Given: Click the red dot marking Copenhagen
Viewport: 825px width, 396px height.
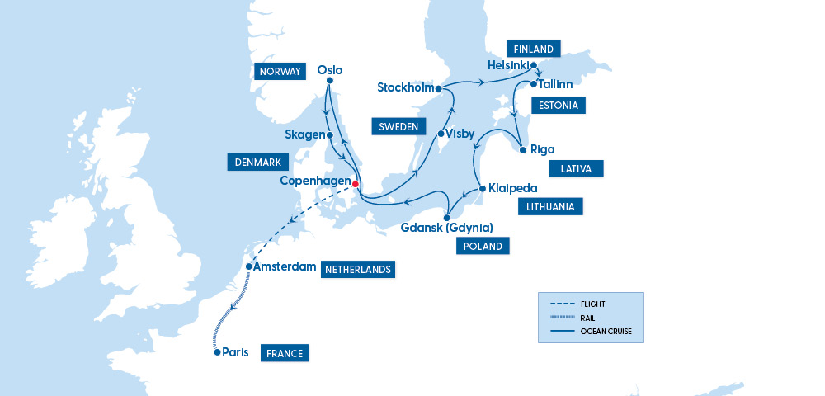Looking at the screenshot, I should pyautogui.click(x=356, y=184).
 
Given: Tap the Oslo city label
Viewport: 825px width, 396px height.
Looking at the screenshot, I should pyautogui.click(x=329, y=70).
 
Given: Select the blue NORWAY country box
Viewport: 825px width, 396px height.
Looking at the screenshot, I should pyautogui.click(x=280, y=72).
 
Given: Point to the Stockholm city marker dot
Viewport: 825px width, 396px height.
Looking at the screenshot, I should pyautogui.click(x=440, y=87).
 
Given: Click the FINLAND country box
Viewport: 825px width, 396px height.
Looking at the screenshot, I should pyautogui.click(x=533, y=48).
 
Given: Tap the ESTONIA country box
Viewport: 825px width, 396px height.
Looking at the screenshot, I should pyautogui.click(x=558, y=106).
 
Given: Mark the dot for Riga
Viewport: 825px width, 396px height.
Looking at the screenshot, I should pyautogui.click(x=523, y=150).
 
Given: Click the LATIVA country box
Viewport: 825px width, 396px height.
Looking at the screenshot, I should pyautogui.click(x=576, y=169).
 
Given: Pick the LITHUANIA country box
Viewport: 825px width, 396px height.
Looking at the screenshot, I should pyautogui.click(x=550, y=207).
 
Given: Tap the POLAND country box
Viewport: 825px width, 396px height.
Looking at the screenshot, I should pyautogui.click(x=483, y=246).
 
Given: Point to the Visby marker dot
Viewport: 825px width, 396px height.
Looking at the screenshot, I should pyautogui.click(x=441, y=134).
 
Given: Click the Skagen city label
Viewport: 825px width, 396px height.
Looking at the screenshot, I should pyautogui.click(x=304, y=134).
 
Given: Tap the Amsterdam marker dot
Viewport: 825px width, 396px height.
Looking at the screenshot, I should pyautogui.click(x=249, y=266).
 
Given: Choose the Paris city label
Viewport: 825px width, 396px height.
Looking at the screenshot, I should pyautogui.click(x=236, y=352).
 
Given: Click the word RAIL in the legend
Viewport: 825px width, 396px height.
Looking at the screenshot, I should pyautogui.click(x=587, y=318).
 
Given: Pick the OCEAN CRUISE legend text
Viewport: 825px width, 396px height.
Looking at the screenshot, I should pyautogui.click(x=606, y=331).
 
